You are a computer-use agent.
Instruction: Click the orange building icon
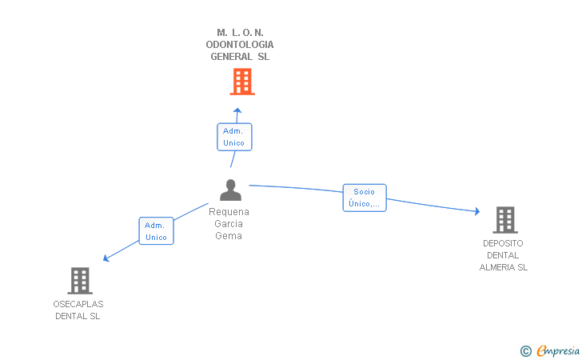(x=242, y=82)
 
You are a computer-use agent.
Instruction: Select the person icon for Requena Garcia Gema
(x=230, y=190)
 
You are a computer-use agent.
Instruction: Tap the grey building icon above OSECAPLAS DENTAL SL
(x=80, y=281)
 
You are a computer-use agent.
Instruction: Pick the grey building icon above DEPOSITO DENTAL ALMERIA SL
(x=505, y=220)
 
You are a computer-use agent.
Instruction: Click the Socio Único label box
(x=365, y=198)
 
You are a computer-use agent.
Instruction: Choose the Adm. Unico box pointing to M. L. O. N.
(x=234, y=137)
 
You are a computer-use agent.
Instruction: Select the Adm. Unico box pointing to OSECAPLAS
(x=156, y=230)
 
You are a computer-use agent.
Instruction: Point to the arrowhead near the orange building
(x=237, y=110)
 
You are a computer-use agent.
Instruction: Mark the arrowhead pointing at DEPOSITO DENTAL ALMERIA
(x=477, y=211)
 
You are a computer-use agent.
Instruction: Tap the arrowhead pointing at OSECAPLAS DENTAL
(x=106, y=258)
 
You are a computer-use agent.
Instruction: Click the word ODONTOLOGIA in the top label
(x=240, y=45)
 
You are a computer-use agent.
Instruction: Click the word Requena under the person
(x=229, y=212)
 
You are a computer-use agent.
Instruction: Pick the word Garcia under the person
(x=229, y=224)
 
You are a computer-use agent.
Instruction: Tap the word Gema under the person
(x=229, y=235)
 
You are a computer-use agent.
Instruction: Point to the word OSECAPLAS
(x=78, y=304)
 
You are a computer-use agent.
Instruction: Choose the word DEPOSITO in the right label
(x=503, y=243)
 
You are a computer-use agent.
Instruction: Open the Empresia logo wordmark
(x=558, y=350)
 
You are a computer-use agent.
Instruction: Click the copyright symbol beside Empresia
(x=526, y=351)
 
